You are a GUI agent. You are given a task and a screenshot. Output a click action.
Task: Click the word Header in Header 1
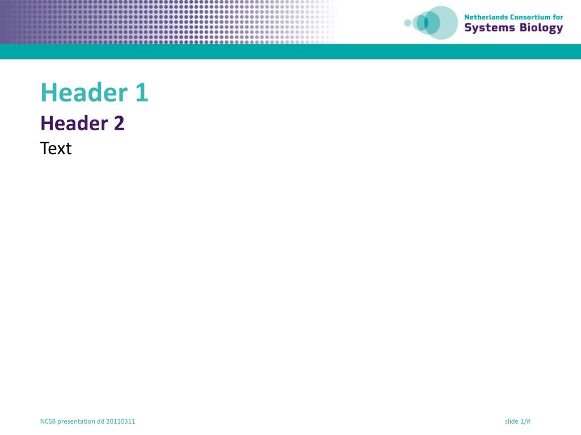click(x=84, y=92)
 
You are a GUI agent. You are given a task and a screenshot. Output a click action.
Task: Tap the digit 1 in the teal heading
click(x=141, y=92)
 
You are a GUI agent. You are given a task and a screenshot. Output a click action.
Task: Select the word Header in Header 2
click(x=74, y=123)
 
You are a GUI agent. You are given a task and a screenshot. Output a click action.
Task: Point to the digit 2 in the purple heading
click(x=119, y=123)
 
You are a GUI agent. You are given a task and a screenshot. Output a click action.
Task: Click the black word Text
click(x=56, y=148)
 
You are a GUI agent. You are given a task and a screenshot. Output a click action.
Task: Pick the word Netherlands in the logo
click(x=486, y=17)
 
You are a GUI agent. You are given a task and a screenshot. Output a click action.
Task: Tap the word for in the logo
click(x=558, y=17)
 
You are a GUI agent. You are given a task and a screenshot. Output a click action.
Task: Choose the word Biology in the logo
click(x=541, y=28)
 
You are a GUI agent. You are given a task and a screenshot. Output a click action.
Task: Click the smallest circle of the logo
click(x=407, y=23)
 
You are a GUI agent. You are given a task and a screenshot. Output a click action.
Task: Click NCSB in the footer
click(x=48, y=421)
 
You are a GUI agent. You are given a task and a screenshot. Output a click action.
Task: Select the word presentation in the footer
click(x=77, y=421)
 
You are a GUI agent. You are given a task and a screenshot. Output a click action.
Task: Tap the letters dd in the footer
click(x=101, y=421)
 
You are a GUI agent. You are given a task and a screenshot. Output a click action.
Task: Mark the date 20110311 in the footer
click(x=121, y=421)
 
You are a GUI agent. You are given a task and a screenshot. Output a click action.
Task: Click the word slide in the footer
click(x=511, y=421)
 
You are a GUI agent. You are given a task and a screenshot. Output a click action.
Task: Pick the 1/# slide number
click(x=525, y=421)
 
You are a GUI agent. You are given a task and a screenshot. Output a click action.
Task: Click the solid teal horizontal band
click(x=290, y=52)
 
